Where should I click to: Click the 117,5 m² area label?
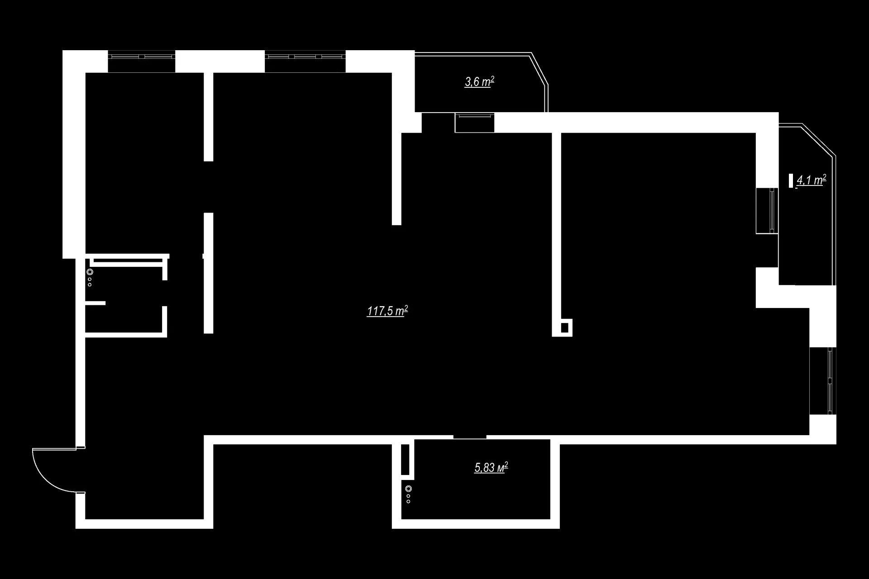[x=387, y=311]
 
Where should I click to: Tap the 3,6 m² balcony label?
[x=479, y=82]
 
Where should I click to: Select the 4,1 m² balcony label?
[x=811, y=180]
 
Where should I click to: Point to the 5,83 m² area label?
[x=491, y=467]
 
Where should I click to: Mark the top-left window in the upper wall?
[x=141, y=57]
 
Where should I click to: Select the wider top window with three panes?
[x=305, y=57]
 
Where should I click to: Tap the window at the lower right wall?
[x=822, y=380]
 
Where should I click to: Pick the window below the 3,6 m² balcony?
[x=474, y=123]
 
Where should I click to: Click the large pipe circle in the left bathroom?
[x=90, y=272]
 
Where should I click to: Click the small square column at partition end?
[x=564, y=327]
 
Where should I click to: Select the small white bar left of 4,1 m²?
[x=791, y=180]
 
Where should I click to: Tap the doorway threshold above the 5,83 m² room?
[x=470, y=437]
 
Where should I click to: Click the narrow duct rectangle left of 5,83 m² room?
[x=406, y=459]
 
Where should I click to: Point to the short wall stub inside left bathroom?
[x=95, y=303]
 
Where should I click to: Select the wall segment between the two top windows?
[x=220, y=61]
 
